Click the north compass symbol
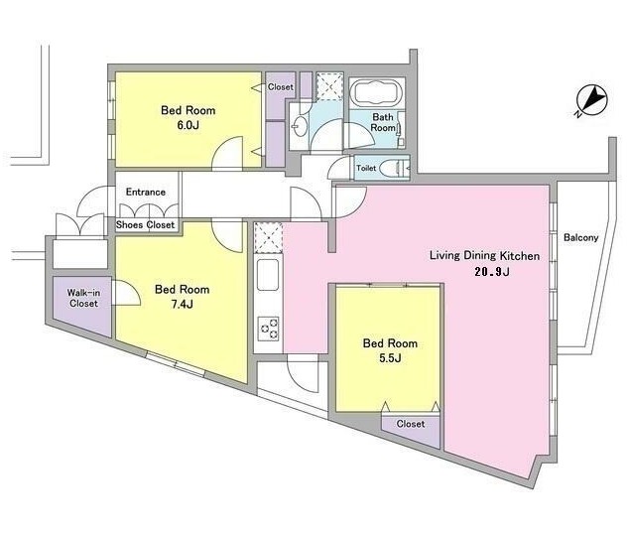591,100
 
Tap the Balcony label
580,237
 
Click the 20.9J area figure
492,272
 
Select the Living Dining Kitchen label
484,256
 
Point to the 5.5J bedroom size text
390,358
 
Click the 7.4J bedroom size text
183,305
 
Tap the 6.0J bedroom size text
188,125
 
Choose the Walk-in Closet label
83,298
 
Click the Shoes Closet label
145,224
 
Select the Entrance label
146,192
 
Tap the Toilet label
366,168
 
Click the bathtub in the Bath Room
377,93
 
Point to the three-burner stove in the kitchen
269,329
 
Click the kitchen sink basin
268,275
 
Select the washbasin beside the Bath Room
299,126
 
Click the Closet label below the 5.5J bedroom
411,424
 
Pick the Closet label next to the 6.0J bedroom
281,87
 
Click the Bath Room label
383,122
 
